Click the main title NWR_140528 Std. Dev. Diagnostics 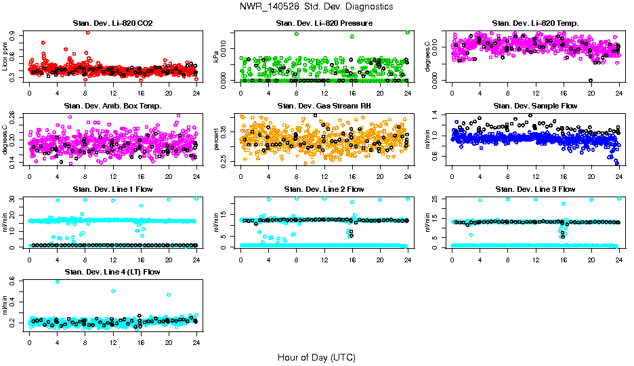(316, 7)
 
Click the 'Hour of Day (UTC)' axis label (316, 357)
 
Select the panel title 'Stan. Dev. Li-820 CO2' (112, 24)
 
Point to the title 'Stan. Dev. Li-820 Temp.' (535, 24)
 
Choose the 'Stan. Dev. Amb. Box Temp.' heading (112, 106)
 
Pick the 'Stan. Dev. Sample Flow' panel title (535, 106)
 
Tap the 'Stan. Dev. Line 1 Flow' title (112, 189)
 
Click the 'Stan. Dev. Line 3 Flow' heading (535, 189)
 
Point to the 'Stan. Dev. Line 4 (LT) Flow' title (112, 272)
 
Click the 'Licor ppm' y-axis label (5, 56)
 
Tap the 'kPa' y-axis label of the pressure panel (217, 57)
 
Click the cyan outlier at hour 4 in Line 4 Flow (57, 281)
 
